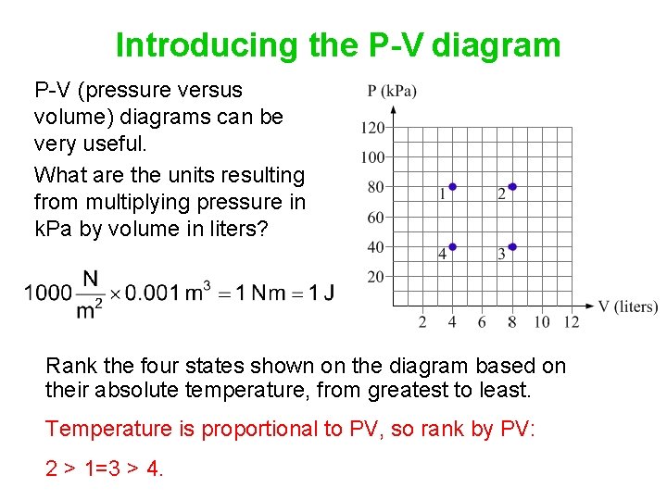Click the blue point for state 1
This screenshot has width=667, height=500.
[452, 187]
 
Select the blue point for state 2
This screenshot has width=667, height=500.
[512, 187]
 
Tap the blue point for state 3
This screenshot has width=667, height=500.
[512, 247]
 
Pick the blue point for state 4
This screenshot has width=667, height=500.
[452, 247]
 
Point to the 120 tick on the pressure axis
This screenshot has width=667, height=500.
[373, 128]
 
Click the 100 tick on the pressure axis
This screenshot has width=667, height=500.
[373, 157]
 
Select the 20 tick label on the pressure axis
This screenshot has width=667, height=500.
[376, 277]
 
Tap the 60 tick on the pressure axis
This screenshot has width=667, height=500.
[376, 218]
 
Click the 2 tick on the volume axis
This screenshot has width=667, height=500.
[422, 322]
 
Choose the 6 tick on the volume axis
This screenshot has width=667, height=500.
[482, 322]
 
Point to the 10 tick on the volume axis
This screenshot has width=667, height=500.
[542, 322]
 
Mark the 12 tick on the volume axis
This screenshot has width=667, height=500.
[572, 322]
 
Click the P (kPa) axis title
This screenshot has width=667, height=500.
[392, 91]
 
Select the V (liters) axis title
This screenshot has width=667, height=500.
[627, 307]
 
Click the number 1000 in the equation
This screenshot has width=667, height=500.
[48, 294]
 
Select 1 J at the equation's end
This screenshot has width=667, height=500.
[321, 294]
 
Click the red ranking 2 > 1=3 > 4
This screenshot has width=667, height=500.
[105, 469]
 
